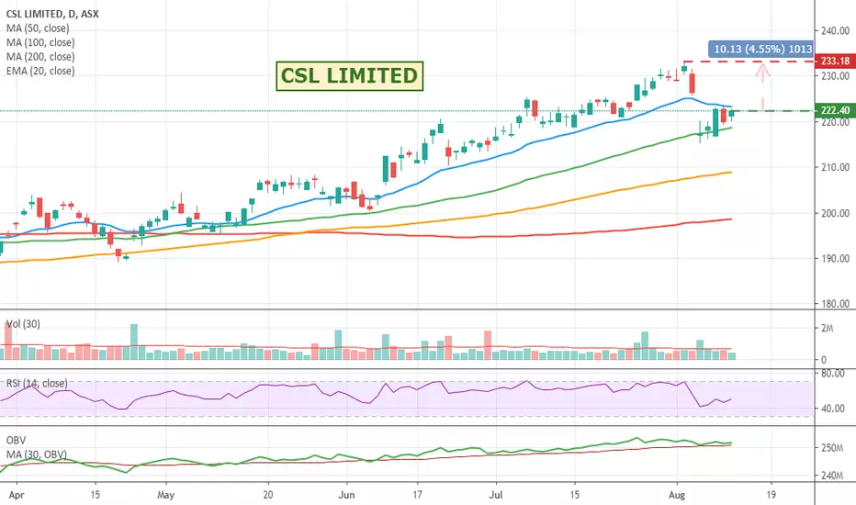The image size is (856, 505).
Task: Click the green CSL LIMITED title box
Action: (350, 75)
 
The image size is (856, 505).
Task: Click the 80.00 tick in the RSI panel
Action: (834, 374)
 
